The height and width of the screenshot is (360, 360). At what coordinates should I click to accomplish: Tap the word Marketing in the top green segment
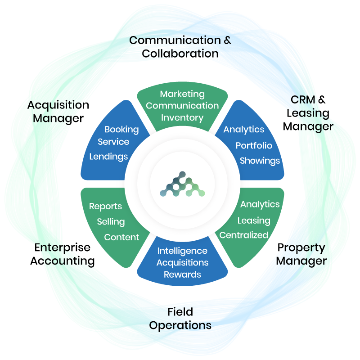pyautogui.click(x=182, y=94)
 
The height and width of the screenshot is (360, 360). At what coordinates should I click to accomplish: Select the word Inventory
pyautogui.click(x=182, y=118)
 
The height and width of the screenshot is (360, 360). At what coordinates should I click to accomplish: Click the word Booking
pyautogui.click(x=121, y=130)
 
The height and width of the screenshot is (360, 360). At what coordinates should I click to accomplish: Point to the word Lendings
pyautogui.click(x=108, y=157)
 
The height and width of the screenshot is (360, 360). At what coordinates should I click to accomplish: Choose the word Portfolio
pyautogui.click(x=254, y=146)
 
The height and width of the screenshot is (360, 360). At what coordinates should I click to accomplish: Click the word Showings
pyautogui.click(x=260, y=161)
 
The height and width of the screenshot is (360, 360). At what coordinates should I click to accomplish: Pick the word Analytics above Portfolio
pyautogui.click(x=244, y=130)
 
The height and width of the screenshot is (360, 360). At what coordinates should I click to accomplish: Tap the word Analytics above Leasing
pyautogui.click(x=260, y=204)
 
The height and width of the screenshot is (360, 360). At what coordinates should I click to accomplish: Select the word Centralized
pyautogui.click(x=243, y=235)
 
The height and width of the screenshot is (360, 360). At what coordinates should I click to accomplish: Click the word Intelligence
pyautogui.click(x=182, y=251)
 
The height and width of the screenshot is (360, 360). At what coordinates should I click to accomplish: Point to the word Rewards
pyautogui.click(x=182, y=274)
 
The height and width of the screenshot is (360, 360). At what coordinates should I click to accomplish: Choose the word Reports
pyautogui.click(x=105, y=207)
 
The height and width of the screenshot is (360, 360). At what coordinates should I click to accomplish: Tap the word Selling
pyautogui.click(x=111, y=222)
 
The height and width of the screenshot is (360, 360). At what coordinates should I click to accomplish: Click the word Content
pyautogui.click(x=121, y=237)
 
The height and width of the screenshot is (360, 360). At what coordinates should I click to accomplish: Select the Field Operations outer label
pyautogui.click(x=180, y=319)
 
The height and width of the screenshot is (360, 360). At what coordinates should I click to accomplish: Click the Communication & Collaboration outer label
pyautogui.click(x=180, y=47)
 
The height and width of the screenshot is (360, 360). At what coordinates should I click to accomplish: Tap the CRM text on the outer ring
pyautogui.click(x=303, y=99)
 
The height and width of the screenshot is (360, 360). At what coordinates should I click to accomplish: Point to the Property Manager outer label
pyautogui.click(x=301, y=254)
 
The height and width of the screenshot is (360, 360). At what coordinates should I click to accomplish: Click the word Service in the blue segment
pyautogui.click(x=113, y=142)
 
